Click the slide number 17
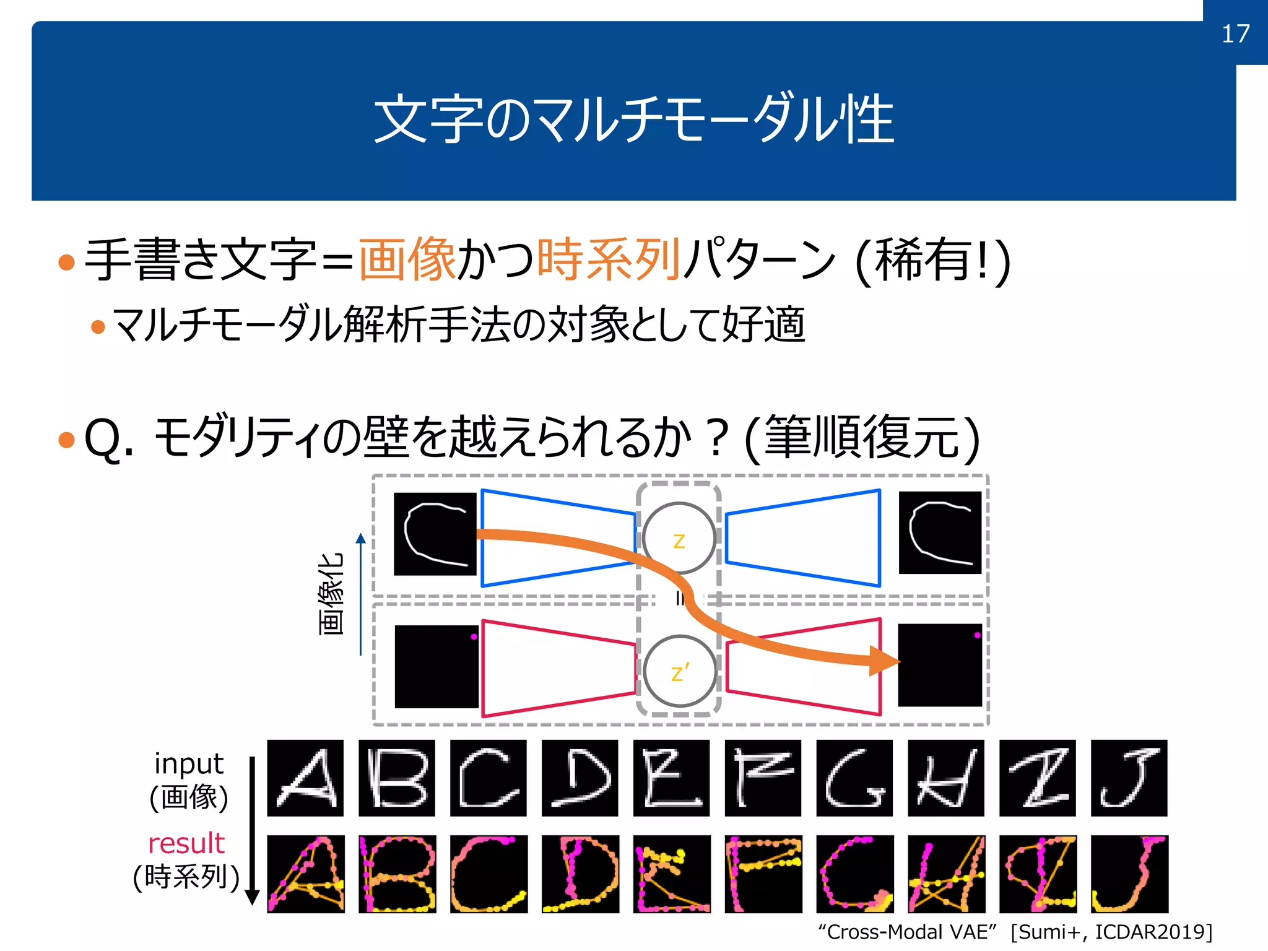[x=1235, y=33]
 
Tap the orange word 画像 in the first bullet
[x=407, y=259]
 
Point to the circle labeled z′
[x=679, y=671]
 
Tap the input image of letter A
[x=305, y=778]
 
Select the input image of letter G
[x=854, y=778]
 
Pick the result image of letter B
[x=397, y=874]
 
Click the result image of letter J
[x=1129, y=874]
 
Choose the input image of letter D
[x=580, y=778]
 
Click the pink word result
[x=186, y=843]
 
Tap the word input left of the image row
[x=188, y=764]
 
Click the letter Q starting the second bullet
[x=102, y=438]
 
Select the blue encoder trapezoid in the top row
[x=557, y=537]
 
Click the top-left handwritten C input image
[x=435, y=534]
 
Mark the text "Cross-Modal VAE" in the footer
[x=907, y=932]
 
